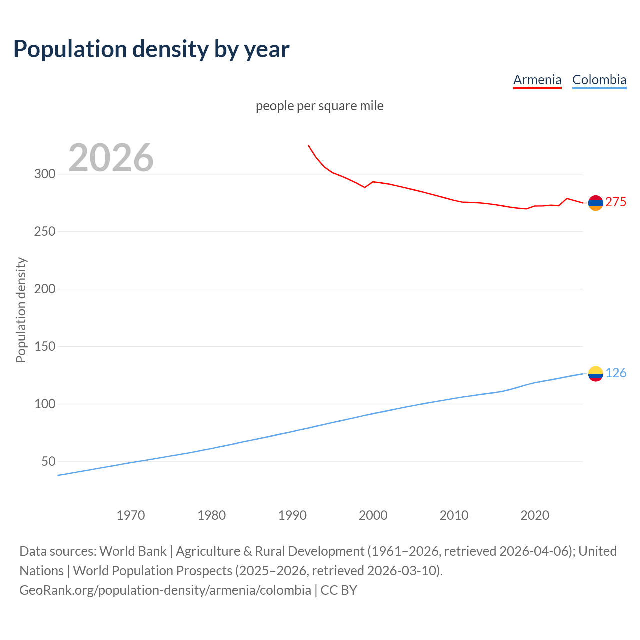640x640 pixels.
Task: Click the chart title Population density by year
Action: click(x=151, y=49)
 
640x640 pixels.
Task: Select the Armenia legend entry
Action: click(x=537, y=80)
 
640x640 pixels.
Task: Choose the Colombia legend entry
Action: click(x=599, y=80)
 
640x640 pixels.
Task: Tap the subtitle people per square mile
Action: click(x=319, y=106)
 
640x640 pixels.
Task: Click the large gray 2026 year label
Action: click(x=111, y=158)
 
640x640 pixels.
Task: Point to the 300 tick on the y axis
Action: click(x=44, y=174)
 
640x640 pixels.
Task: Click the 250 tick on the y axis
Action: click(x=44, y=232)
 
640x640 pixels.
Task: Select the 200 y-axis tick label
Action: click(x=44, y=289)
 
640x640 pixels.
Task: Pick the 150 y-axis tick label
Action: click(x=44, y=347)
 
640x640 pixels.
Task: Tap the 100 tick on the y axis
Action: click(x=44, y=404)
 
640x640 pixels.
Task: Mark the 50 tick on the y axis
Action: click(x=48, y=462)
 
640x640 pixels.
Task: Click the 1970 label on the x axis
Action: click(x=131, y=515)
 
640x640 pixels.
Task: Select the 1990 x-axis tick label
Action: click(x=292, y=515)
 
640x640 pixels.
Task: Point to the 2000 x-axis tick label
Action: click(x=373, y=515)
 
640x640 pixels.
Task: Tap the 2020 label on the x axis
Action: click(x=535, y=515)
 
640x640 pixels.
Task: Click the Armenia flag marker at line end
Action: click(x=595, y=203)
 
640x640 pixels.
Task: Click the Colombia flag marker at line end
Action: click(x=595, y=374)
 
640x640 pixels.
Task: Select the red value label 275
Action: click(x=615, y=202)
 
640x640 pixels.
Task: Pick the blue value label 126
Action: click(x=616, y=373)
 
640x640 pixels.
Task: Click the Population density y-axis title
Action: click(x=21, y=310)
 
